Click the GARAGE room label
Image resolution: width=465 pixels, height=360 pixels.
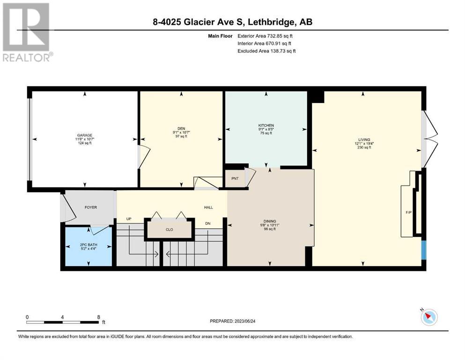85,135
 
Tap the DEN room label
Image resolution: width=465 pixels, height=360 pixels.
181,128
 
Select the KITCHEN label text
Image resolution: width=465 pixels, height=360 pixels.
266,125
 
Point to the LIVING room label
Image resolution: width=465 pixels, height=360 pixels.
364,140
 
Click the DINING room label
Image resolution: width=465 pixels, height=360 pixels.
270,221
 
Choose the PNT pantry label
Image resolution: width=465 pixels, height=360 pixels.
235,179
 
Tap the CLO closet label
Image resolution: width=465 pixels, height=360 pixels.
170,229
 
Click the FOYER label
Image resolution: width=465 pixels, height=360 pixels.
91,207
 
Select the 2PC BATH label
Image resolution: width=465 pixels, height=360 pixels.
89,245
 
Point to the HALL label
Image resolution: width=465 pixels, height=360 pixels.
208,208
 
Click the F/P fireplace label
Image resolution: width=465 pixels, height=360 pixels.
409,212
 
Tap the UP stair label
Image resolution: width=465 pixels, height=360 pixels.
129,219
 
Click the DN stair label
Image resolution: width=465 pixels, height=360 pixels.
208,223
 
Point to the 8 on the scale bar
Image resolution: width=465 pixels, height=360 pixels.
98,317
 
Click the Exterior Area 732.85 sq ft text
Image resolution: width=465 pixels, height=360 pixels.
265,36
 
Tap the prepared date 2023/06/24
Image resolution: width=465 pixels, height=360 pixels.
244,321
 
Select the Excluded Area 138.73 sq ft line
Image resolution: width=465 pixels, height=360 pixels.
266,51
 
